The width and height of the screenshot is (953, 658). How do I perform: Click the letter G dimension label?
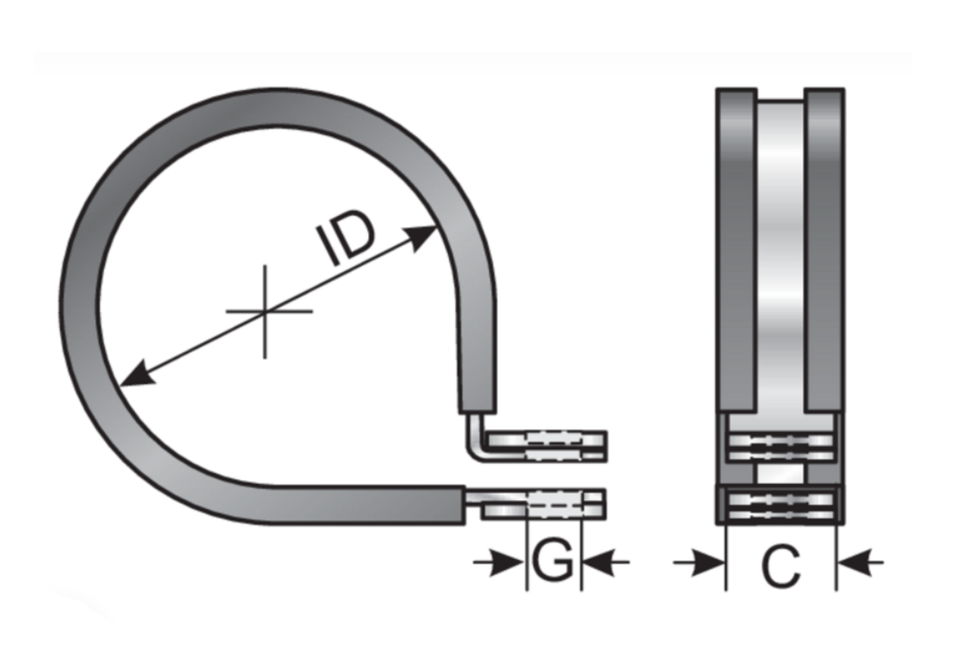(x=552, y=564)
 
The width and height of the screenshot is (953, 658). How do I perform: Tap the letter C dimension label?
(x=781, y=567)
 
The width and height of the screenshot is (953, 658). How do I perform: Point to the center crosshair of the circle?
(x=265, y=311)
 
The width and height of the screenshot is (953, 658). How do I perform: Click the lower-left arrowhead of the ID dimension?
(x=132, y=375)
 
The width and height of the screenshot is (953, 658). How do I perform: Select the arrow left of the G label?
(x=504, y=564)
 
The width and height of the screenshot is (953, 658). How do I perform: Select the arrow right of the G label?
(x=604, y=564)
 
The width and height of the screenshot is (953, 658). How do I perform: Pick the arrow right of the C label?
(x=858, y=564)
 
